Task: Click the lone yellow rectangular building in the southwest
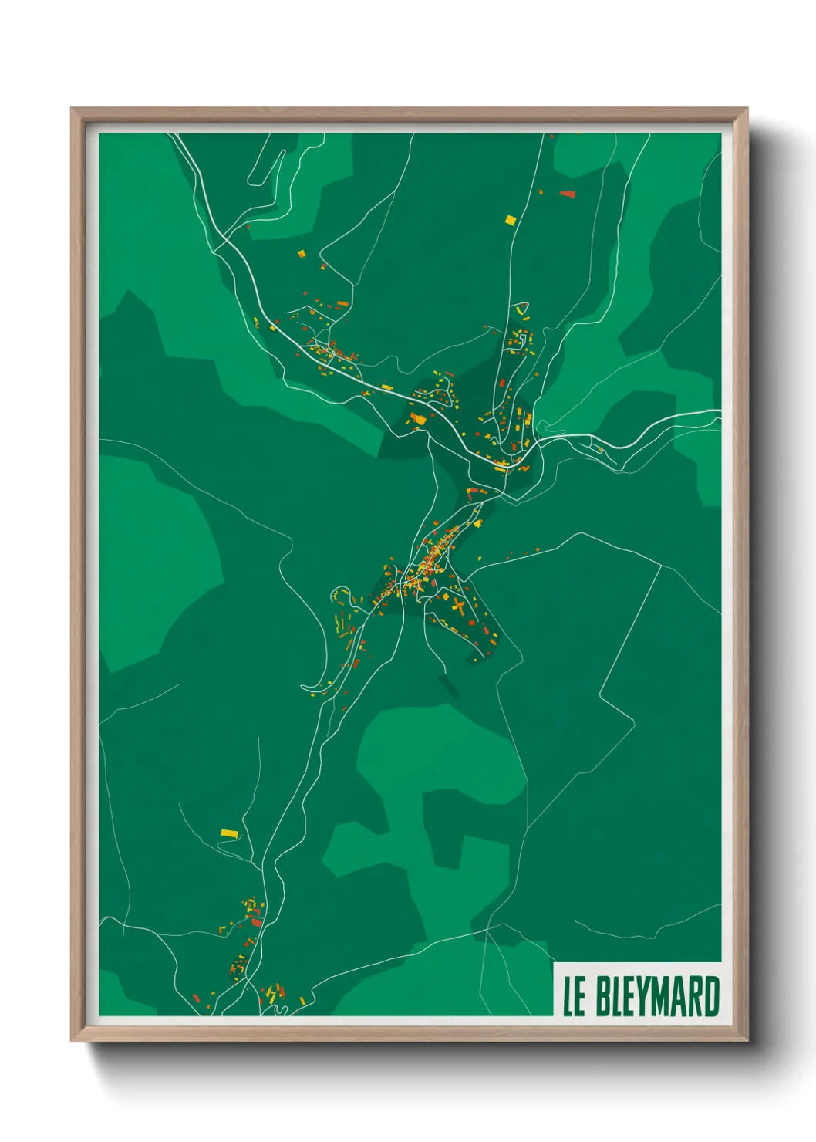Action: coord(228,833)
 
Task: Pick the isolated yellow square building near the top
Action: coord(509,220)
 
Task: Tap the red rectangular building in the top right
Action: coord(568,194)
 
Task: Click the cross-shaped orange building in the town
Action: coord(457,606)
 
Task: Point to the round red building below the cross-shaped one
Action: coord(472,622)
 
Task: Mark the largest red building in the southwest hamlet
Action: coord(256,922)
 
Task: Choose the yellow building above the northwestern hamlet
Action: coord(302,252)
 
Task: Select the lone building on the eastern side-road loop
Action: coord(599,449)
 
